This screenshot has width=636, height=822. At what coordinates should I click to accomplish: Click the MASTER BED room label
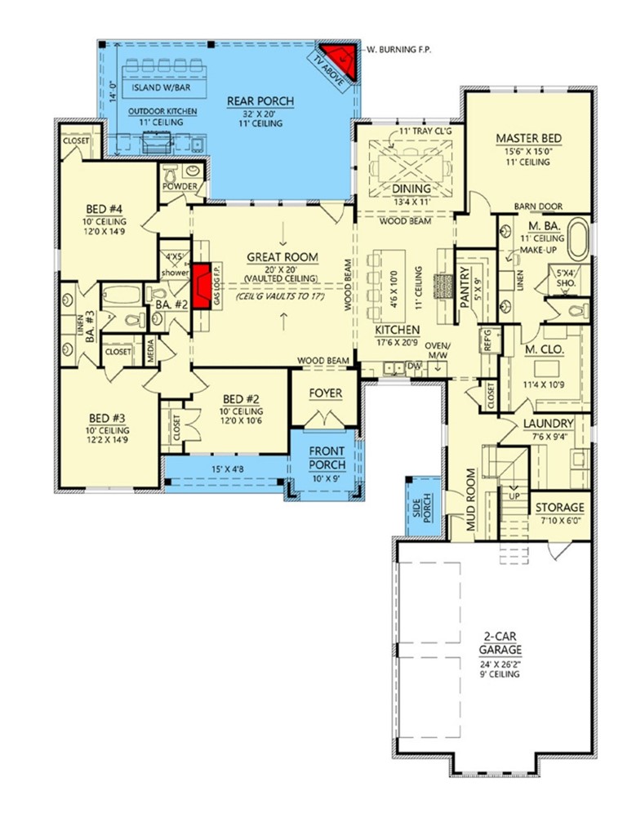(x=528, y=139)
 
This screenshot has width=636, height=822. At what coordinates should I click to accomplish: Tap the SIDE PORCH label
(x=425, y=508)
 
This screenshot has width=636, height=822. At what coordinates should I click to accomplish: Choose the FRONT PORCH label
(x=326, y=457)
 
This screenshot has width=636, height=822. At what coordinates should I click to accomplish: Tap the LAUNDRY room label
(x=547, y=424)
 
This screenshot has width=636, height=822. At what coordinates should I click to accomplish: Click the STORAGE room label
(x=560, y=507)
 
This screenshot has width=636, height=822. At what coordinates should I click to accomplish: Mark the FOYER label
(x=326, y=393)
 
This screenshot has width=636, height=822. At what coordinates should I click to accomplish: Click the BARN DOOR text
(x=535, y=207)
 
